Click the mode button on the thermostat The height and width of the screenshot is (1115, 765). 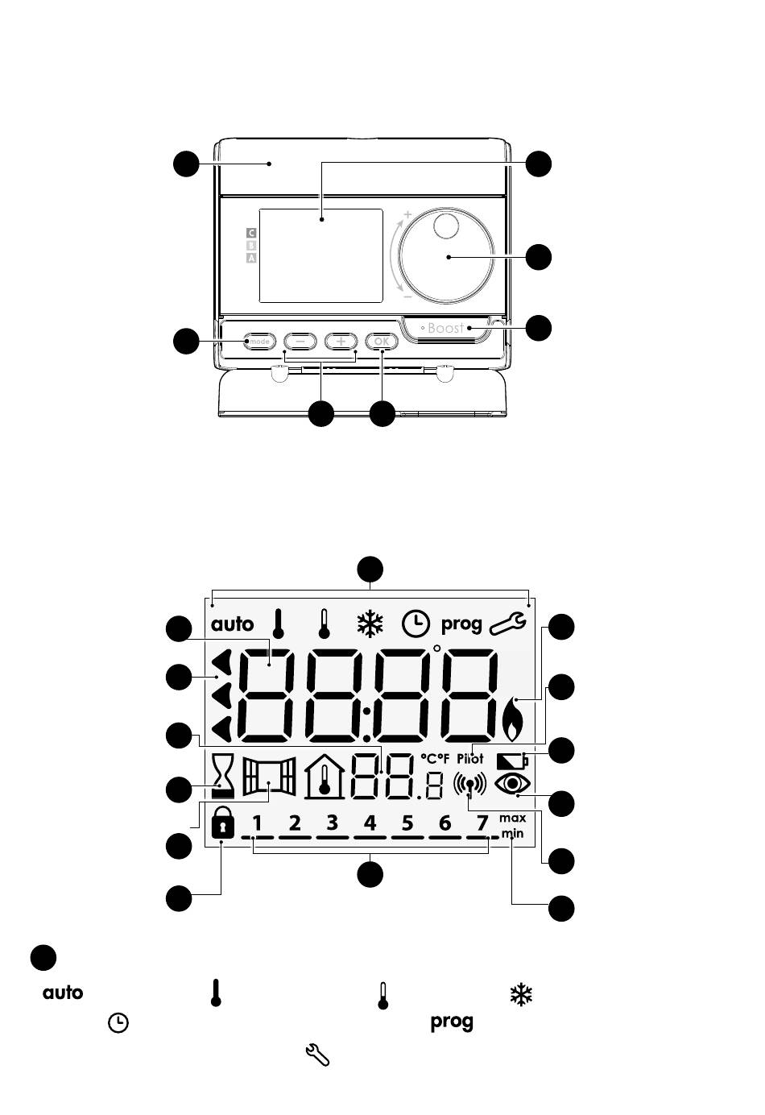259,342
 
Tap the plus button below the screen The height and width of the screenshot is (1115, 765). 341,342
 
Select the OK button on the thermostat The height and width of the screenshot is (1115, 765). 382,342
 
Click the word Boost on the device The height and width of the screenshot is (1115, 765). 445,328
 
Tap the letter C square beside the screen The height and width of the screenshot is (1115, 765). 251,233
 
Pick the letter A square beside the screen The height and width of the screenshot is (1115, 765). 251,258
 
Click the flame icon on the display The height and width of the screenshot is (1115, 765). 512,719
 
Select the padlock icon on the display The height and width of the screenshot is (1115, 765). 222,823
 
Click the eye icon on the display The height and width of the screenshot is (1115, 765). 512,784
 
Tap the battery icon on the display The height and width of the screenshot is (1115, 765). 512,761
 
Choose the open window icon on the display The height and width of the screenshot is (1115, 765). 269,777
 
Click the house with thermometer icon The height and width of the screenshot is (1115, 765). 325,777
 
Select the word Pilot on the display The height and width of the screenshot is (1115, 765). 470,759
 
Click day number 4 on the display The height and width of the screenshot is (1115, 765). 370,823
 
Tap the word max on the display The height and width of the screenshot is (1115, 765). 512,819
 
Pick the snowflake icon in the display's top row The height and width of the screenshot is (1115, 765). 370,624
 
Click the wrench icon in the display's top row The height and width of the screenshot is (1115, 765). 507,624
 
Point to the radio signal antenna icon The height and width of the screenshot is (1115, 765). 469,785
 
